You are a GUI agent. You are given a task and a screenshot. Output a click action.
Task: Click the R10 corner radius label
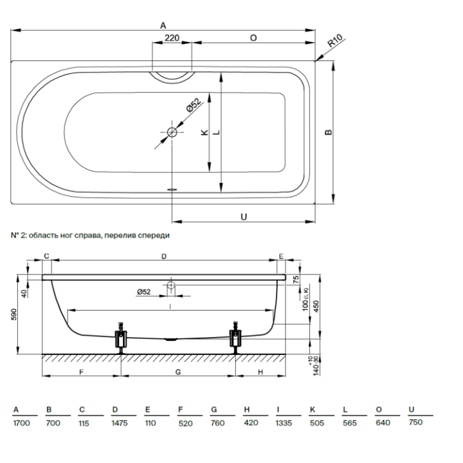[x=335, y=42]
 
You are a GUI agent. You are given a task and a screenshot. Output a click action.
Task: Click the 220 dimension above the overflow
[x=172, y=38]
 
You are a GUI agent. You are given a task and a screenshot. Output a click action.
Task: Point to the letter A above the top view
[x=163, y=24]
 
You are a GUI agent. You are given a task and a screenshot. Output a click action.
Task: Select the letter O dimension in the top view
[x=253, y=38]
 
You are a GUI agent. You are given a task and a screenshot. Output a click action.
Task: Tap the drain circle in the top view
[x=172, y=132]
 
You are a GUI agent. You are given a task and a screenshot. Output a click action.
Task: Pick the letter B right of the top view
[x=329, y=132]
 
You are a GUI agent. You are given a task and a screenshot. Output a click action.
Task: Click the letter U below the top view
[x=244, y=217]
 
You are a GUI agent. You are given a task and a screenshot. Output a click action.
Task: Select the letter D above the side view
[x=164, y=256]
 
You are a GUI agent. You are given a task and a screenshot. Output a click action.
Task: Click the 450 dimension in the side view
[x=315, y=307]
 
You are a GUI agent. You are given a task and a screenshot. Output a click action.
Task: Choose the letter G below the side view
[x=177, y=372]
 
